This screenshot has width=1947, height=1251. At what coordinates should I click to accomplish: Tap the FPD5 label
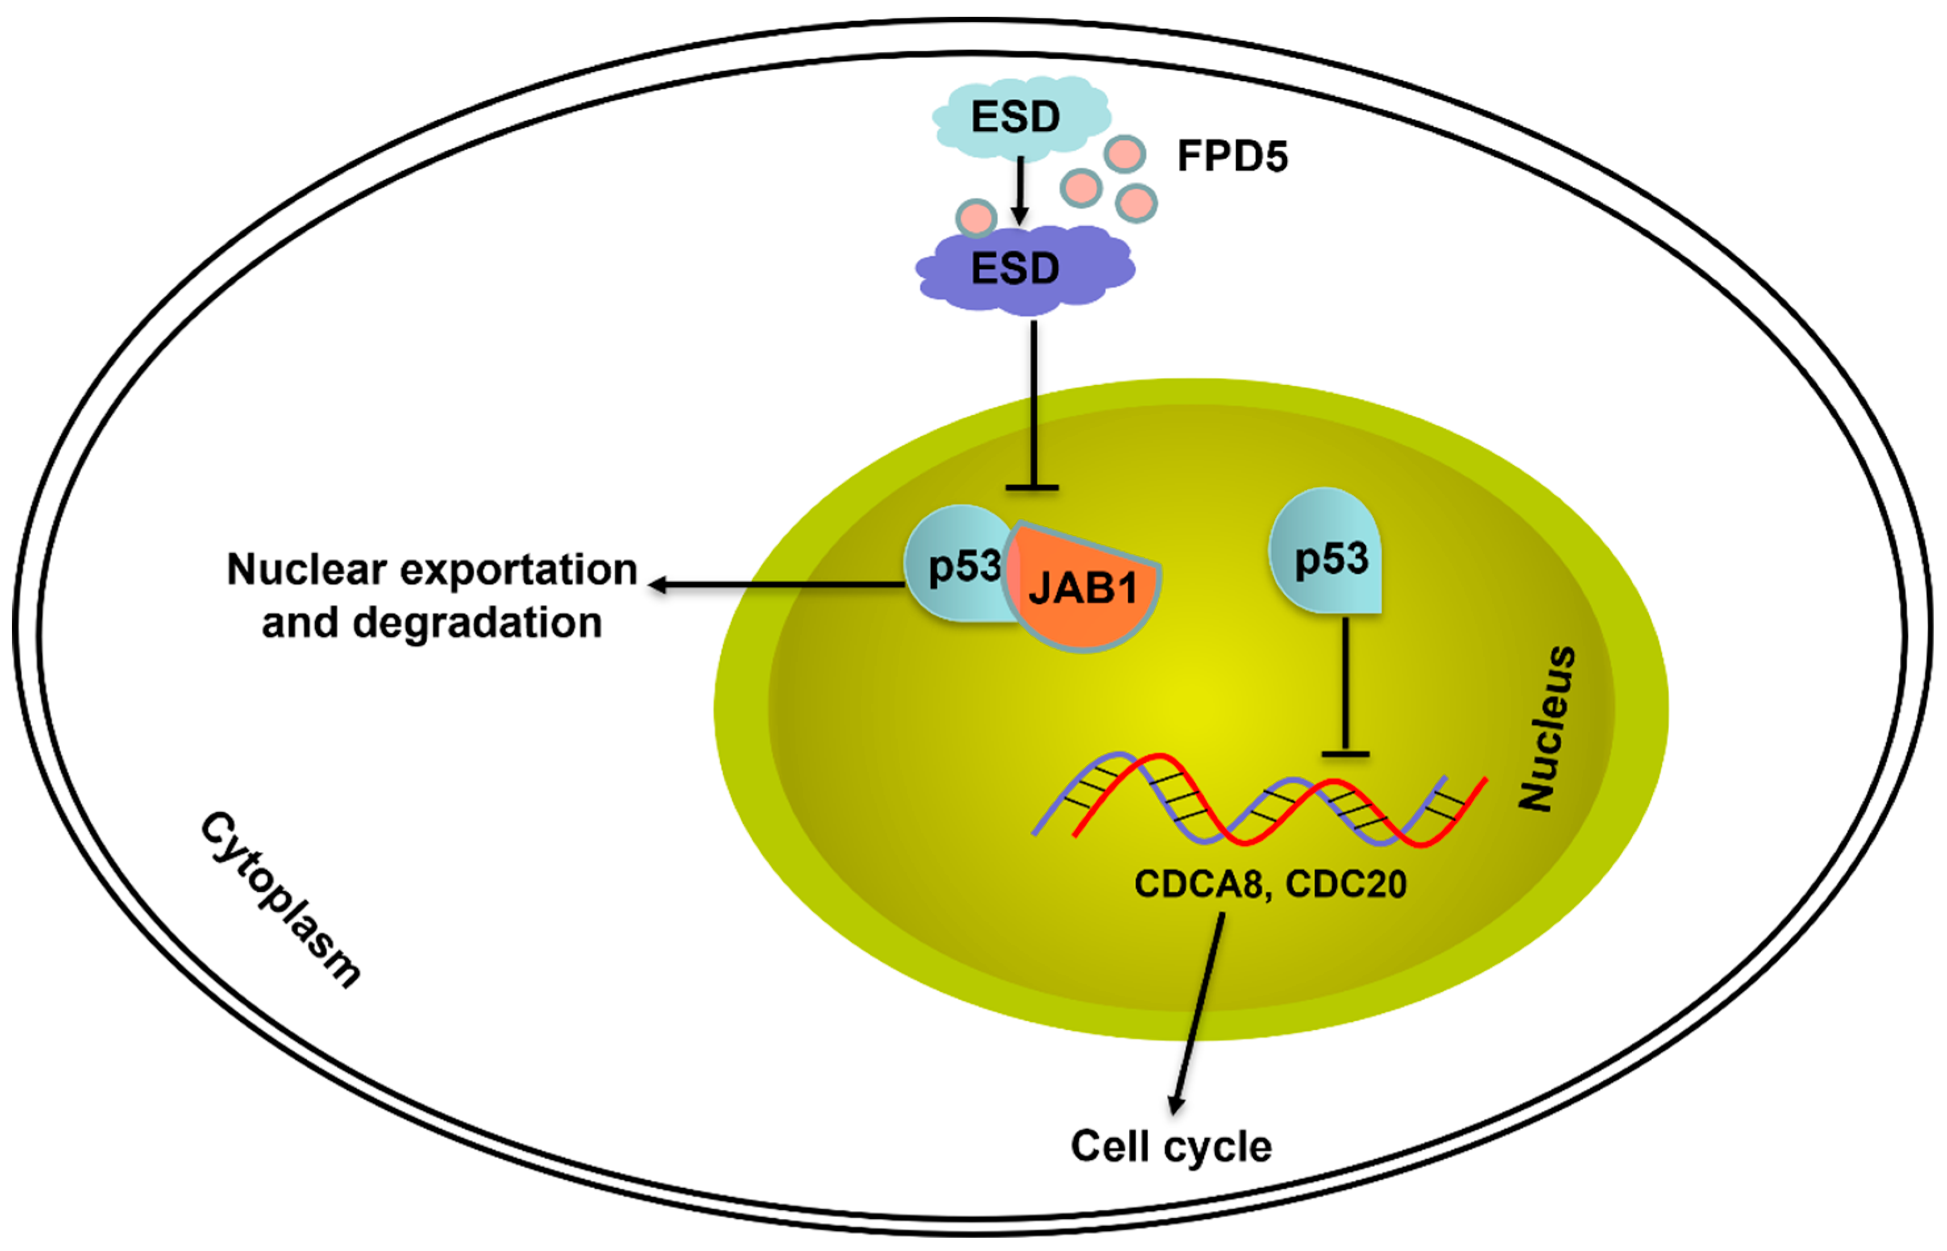(x=1232, y=156)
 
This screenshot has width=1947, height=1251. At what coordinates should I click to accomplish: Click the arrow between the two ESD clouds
(x=1020, y=191)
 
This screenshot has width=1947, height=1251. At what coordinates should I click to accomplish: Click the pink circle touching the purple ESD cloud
(x=976, y=217)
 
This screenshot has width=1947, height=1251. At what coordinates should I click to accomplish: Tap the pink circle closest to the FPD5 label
(x=1125, y=153)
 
